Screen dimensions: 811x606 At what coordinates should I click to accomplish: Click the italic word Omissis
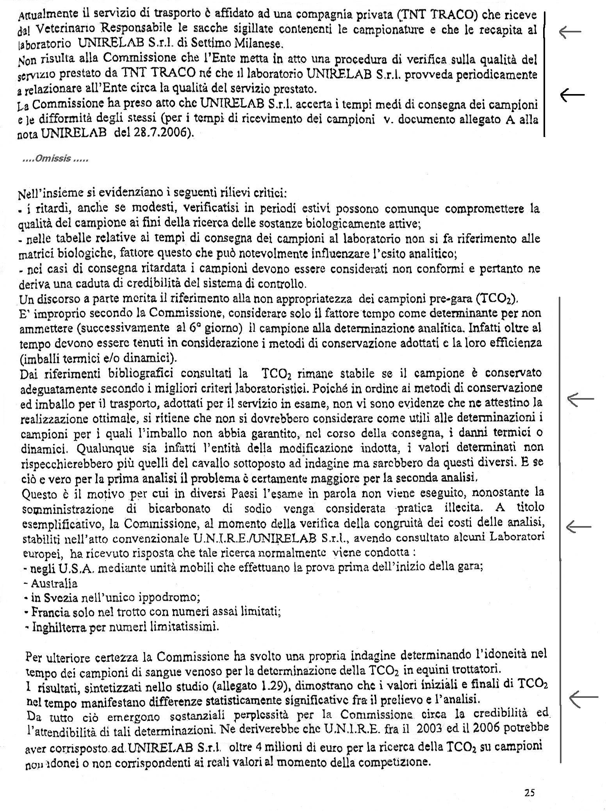tap(52, 159)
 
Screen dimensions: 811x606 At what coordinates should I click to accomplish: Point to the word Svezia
tap(61, 598)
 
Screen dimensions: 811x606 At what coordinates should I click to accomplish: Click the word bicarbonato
tap(179, 509)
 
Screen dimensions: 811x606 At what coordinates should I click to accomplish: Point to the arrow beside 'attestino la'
tap(580, 399)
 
